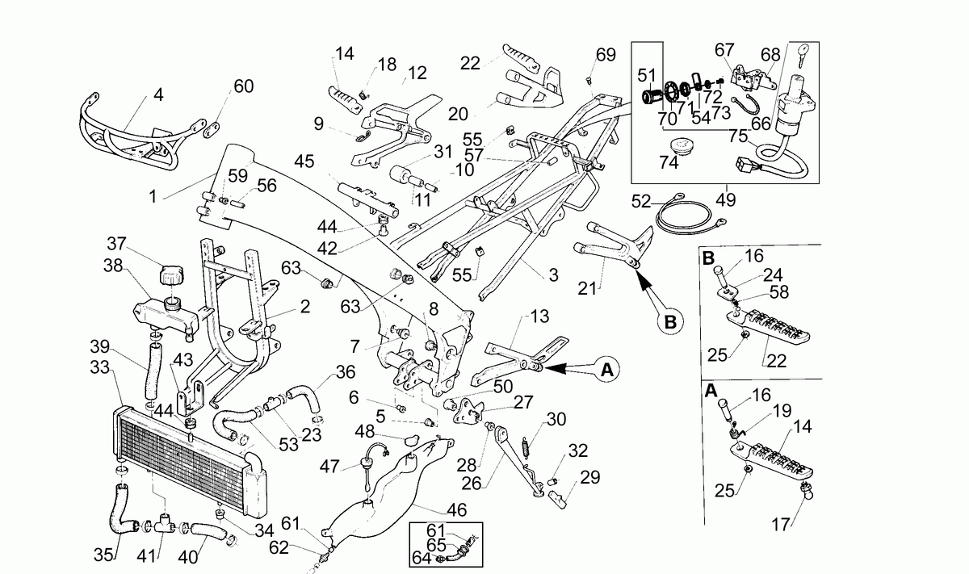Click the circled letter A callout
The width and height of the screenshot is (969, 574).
pos(607,370)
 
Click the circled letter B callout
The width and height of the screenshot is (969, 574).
pos(669,322)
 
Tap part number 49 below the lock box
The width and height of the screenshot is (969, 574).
pos(725,200)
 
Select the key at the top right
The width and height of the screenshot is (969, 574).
pos(803,55)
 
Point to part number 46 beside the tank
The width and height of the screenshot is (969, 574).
pos(457,510)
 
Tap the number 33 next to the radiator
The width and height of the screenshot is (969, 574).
pos(100,367)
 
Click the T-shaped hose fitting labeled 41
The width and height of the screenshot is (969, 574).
pos(165,523)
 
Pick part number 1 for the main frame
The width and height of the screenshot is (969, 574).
pos(153,197)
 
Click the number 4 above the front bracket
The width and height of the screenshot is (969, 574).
pos(159,94)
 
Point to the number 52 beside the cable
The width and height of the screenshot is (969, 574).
pos(641,202)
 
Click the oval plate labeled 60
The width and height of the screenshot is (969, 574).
pos(212,130)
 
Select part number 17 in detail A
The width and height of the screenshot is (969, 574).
pos(782,525)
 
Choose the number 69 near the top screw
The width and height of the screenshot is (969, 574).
pos(606,55)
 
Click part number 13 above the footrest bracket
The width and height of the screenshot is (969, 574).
pos(539,316)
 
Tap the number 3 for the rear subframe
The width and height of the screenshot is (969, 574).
pos(554,275)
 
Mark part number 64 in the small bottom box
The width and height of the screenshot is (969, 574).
pos(422,558)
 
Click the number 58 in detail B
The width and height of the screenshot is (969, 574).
pos(779,292)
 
